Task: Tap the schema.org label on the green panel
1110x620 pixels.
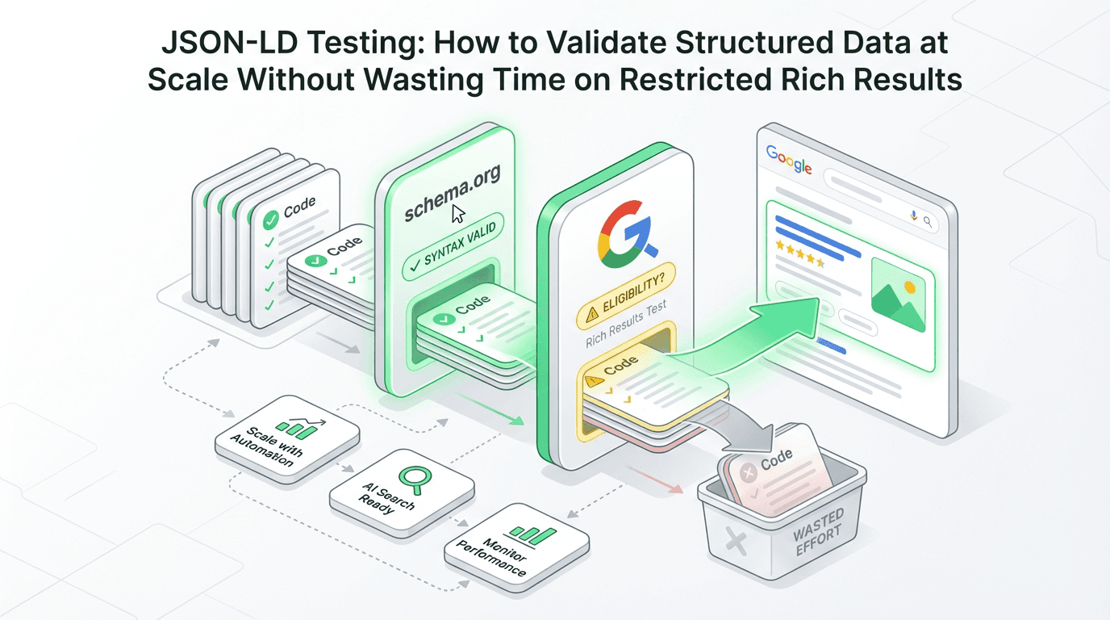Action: coord(453,193)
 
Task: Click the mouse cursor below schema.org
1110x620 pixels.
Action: coord(458,214)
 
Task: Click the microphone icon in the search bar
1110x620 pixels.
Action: coord(913,216)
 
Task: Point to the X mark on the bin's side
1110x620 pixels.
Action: coord(736,538)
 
